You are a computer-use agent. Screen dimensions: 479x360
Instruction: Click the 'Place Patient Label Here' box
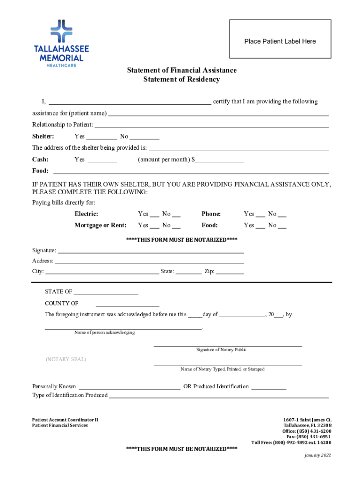coord(280,42)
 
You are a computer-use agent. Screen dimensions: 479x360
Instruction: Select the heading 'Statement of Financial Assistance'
coord(182,70)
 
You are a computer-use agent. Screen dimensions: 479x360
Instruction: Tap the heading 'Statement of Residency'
coord(181,80)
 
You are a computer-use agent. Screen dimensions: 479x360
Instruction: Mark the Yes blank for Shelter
coord(101,137)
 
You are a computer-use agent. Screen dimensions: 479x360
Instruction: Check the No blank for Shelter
coord(144,137)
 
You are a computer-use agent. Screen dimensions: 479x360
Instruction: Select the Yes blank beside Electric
coord(154,215)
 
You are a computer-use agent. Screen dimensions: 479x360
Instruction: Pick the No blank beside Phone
coord(282,215)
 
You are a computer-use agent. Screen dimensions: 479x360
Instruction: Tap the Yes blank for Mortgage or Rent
coord(154,226)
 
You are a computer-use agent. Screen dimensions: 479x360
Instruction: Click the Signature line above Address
coord(151,251)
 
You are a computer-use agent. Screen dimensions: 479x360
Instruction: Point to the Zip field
coord(230,272)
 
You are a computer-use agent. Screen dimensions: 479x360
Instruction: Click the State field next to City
coord(188,272)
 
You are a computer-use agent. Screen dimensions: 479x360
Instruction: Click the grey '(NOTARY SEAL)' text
coord(66,359)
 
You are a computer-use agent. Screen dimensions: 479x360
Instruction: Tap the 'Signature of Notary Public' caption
coord(221,350)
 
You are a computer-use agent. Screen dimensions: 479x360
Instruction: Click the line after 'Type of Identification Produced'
coord(219,396)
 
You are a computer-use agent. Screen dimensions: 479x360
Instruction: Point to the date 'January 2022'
coord(317,455)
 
